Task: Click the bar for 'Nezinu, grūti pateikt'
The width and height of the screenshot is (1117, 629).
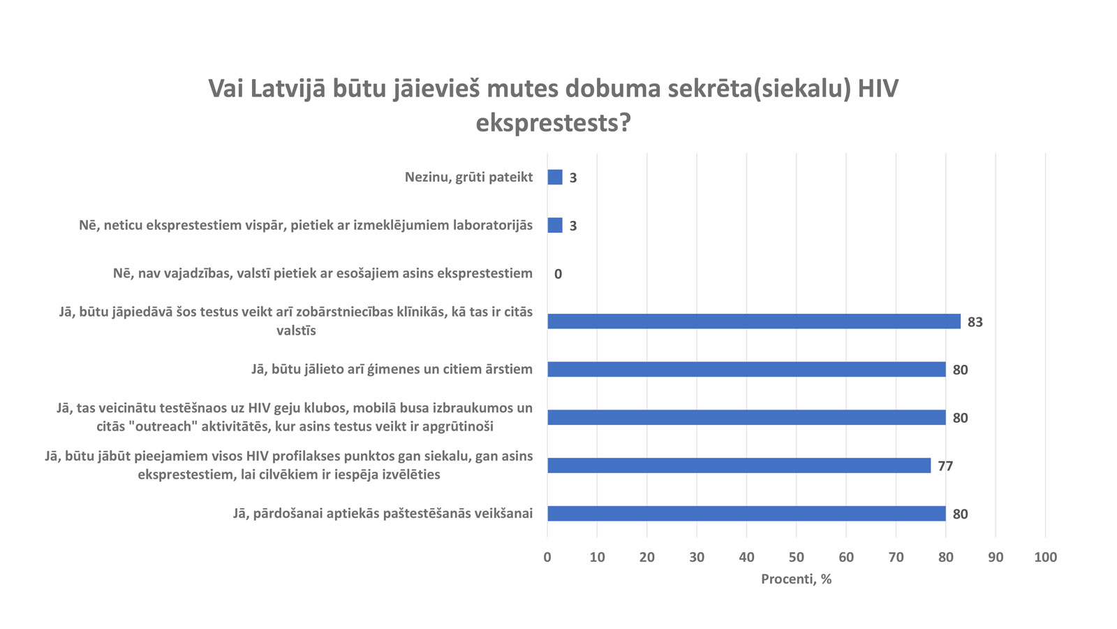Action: click(555, 178)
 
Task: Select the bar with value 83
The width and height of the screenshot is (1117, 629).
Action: click(754, 321)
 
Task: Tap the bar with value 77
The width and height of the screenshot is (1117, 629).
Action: click(739, 465)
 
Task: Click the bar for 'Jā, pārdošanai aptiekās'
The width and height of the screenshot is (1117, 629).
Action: click(746, 514)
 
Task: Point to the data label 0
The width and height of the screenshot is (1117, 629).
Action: click(558, 274)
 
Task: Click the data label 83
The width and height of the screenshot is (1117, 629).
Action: click(975, 322)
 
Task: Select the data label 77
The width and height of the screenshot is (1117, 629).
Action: click(945, 466)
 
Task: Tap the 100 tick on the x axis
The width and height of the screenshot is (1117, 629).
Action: click(1045, 557)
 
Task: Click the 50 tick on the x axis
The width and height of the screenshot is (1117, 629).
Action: click(796, 557)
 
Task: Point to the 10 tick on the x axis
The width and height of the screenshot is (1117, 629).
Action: click(597, 557)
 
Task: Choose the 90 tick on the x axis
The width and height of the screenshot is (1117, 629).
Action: click(996, 557)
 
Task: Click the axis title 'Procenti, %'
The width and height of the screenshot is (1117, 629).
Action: click(796, 579)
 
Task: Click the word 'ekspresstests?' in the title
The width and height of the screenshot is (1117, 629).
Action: click(553, 123)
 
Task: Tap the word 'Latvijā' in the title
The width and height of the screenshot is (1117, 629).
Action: click(288, 89)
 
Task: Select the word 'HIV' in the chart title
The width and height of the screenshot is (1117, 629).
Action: click(878, 89)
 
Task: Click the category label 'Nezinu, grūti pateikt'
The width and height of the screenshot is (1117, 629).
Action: click(468, 178)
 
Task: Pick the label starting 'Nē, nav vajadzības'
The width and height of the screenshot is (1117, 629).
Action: click(323, 273)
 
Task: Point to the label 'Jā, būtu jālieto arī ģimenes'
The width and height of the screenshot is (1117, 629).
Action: click(392, 369)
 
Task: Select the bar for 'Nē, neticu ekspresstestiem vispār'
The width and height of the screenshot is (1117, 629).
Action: click(555, 225)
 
